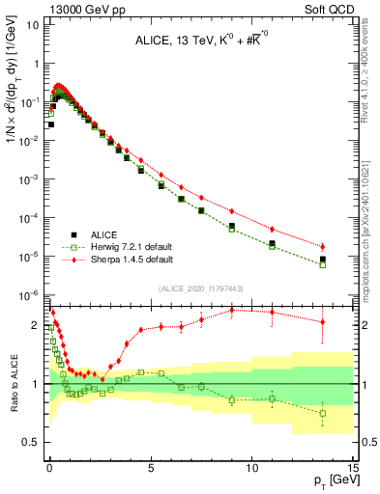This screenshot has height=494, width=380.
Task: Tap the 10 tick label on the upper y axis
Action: point(33,24)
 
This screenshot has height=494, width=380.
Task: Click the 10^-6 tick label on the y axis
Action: point(29,295)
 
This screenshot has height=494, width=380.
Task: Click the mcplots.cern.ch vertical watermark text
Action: point(370,232)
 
